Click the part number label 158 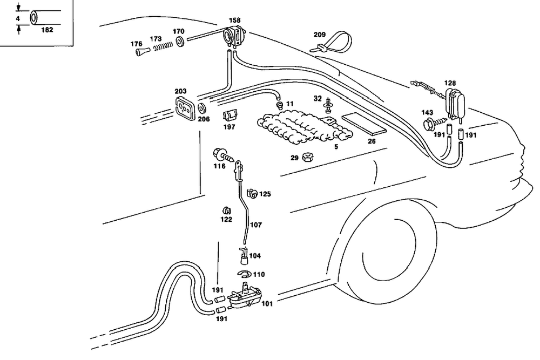coord(234,21)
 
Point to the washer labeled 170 coord(179,41)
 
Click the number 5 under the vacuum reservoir coord(336,146)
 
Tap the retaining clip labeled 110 coord(246,274)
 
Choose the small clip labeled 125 coord(252,193)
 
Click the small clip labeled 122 coord(227,210)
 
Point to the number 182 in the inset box coord(47,30)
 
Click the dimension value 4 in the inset coord(18,18)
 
